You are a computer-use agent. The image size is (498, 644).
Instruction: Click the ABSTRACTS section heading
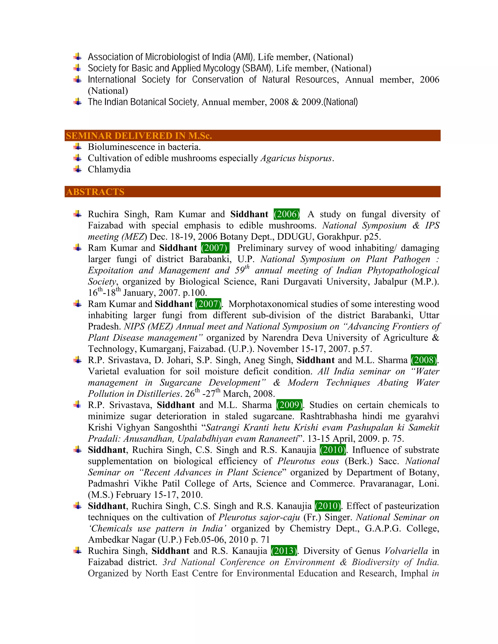pos(95,192)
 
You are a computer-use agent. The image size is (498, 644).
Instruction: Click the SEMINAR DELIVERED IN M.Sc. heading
pos(139,136)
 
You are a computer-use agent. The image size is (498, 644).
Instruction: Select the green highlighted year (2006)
pos(286,214)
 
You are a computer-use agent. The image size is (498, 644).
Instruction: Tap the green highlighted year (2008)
pos(424,360)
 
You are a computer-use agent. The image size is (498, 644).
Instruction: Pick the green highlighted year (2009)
pos(289,405)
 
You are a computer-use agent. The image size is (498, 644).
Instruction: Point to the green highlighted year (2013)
pos(284,551)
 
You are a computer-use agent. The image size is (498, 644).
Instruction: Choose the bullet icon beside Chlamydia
pos(78,169)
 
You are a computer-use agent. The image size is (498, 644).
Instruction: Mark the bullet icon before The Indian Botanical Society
pos(78,102)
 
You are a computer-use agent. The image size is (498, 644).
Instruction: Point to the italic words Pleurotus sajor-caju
pos(259,517)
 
